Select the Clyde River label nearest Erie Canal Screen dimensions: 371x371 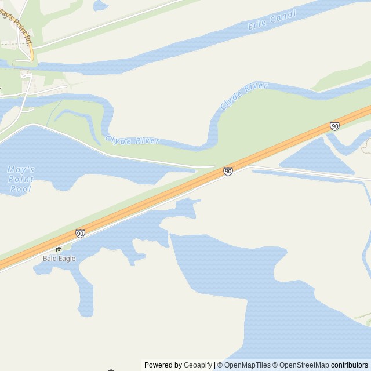(243, 96)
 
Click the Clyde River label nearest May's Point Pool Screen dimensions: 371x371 (132, 141)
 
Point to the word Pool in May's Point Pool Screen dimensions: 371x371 (21, 189)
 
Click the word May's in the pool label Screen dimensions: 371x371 (21, 169)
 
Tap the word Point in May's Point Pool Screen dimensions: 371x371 (21, 179)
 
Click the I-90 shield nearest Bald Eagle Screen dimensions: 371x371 (80, 233)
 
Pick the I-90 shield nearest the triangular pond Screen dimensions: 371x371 (334, 126)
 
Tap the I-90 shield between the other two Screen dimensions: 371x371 (228, 171)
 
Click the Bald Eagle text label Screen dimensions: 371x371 (59, 258)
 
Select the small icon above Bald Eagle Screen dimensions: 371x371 (59, 250)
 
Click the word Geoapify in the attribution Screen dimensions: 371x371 (198, 365)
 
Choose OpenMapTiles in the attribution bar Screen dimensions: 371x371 (247, 365)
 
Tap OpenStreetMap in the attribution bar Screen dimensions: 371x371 (304, 365)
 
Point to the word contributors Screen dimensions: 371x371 (349, 365)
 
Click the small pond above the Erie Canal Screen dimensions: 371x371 (100, 5)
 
